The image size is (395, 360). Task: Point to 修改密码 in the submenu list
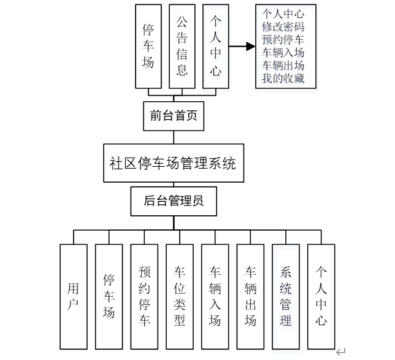[283, 27]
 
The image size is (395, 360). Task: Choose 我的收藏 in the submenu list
[283, 79]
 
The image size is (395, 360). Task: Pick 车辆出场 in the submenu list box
[283, 66]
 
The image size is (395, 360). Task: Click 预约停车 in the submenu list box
[283, 40]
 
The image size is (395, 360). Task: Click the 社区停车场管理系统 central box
[173, 164]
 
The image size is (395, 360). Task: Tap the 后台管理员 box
[174, 201]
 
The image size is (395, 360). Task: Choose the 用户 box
[74, 296]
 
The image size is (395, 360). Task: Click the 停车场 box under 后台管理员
[109, 296]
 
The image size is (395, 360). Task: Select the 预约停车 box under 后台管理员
[144, 296]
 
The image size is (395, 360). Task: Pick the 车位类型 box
[180, 296]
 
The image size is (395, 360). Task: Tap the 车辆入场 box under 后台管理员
[215, 296]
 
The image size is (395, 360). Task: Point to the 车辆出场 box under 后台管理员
[250, 296]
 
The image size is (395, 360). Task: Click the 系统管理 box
[286, 296]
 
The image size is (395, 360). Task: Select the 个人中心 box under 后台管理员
[321, 296]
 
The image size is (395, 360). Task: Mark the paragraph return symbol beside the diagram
[341, 352]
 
